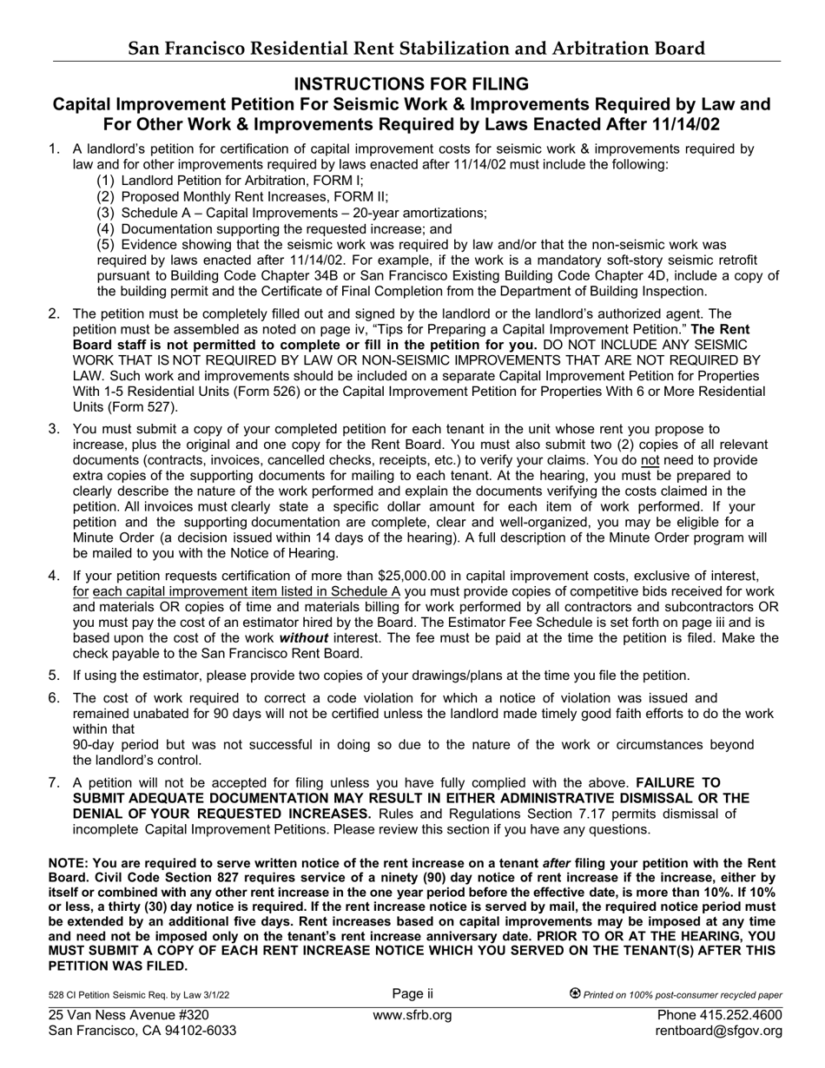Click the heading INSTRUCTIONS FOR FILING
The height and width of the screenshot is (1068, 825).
[412, 84]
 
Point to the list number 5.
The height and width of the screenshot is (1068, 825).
[54, 676]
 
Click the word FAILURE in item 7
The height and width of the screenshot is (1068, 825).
[678, 782]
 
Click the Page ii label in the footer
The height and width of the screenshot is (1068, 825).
[412, 994]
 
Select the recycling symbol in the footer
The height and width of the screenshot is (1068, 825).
[575, 994]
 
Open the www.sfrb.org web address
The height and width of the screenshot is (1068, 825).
[412, 1015]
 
